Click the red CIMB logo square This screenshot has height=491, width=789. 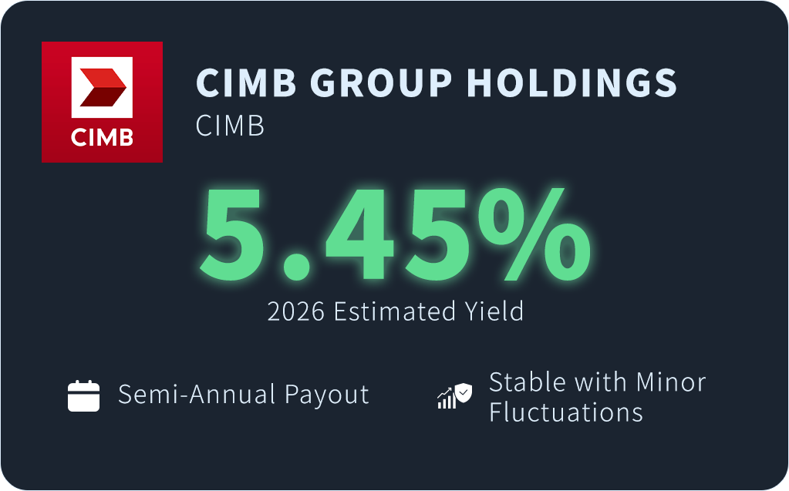(102, 102)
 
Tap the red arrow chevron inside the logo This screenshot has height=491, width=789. (103, 87)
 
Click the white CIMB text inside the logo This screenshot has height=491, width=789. (102, 137)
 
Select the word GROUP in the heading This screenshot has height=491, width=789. (381, 82)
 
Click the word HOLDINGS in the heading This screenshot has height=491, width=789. (572, 82)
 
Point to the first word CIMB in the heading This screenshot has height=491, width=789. (246, 82)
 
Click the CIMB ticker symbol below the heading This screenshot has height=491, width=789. (230, 126)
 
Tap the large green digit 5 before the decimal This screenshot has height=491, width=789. (234, 234)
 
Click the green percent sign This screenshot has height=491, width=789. (534, 234)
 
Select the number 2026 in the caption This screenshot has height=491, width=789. (296, 311)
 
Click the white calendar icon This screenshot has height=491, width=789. (83, 396)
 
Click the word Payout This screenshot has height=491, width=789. (326, 395)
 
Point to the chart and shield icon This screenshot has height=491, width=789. (455, 396)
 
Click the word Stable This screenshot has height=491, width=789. (528, 382)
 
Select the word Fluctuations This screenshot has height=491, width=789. (566, 412)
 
